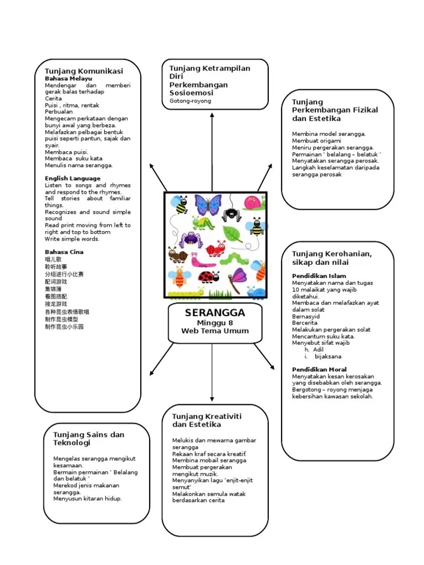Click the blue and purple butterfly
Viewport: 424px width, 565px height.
coord(208,205)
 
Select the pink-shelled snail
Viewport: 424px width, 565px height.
coord(254,202)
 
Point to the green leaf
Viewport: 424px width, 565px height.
coord(232,233)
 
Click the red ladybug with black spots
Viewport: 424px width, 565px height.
coord(208,276)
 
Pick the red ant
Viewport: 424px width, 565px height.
coord(216,248)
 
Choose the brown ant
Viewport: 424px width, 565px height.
coord(177,255)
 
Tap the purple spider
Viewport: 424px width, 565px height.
coord(190,239)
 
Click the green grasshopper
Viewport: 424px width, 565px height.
coord(203,223)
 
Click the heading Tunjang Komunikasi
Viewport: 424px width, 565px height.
coord(83,71)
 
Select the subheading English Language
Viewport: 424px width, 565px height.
coord(72,178)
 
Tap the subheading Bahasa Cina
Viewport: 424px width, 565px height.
coord(64,252)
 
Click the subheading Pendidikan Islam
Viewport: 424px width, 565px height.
coord(319,276)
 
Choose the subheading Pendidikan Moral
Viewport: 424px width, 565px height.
coord(319,369)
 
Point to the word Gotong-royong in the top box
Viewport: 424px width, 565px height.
coord(190,101)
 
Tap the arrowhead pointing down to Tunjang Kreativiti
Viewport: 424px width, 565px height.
coord(212,398)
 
